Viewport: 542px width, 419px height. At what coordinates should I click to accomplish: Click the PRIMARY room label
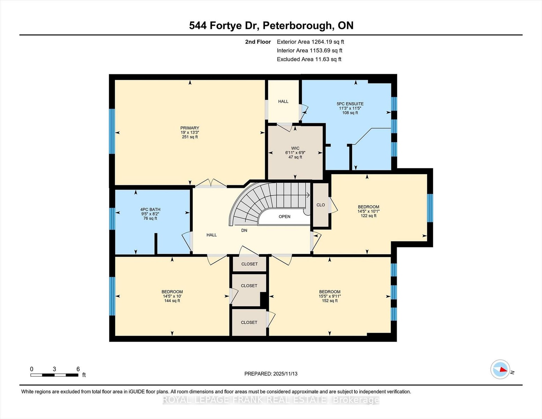coord(190,128)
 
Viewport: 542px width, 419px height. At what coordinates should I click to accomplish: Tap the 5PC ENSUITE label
coord(350,104)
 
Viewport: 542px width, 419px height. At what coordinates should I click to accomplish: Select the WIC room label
coord(295,148)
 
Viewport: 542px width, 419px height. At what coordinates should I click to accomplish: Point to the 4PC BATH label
coord(150,209)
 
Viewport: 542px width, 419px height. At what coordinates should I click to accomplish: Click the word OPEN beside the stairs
coord(285,216)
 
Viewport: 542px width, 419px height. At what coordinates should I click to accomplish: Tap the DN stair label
coord(244,230)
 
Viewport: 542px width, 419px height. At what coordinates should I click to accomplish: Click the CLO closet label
coord(321,205)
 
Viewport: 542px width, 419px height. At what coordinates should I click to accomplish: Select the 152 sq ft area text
coord(330,301)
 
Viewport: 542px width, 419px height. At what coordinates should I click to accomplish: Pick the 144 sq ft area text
coord(172,301)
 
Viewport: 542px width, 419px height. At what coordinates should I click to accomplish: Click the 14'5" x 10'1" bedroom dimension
coord(368,211)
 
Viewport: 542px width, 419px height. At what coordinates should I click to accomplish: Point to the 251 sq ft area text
coord(190,137)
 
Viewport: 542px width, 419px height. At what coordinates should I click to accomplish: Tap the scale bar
coord(54,375)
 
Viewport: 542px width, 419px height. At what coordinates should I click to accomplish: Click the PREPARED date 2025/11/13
coord(285,374)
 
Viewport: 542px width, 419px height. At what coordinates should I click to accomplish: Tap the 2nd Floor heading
coord(258,42)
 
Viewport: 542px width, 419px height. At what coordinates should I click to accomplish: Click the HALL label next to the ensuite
coord(283,102)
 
